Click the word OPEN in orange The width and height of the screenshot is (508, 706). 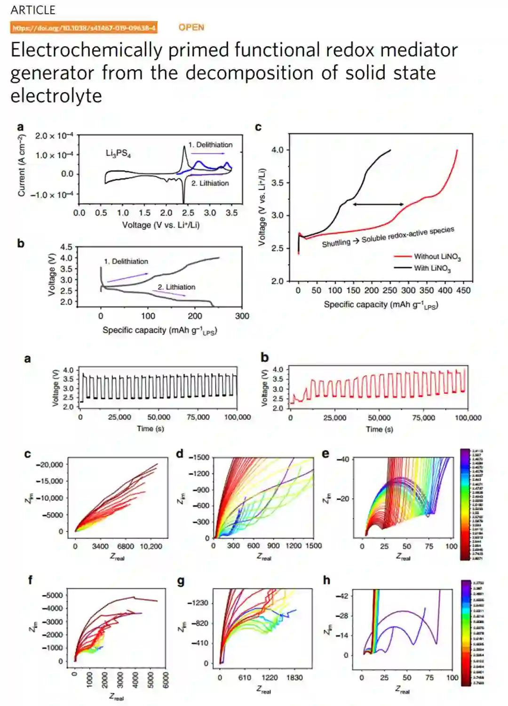point(191,27)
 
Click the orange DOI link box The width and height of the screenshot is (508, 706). point(84,28)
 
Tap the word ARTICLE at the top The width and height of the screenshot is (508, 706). point(33,10)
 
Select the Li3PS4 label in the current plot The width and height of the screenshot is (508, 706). point(118,153)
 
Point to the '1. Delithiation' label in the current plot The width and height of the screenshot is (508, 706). point(210,145)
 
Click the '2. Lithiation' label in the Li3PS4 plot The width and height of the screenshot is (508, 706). point(210,183)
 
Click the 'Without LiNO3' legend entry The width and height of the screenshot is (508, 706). point(437,257)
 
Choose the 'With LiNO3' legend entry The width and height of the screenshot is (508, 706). point(432,268)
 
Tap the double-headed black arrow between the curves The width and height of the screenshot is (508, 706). point(378,204)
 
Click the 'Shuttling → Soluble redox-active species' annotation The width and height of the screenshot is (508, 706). point(388,237)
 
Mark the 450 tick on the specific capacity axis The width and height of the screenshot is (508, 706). point(463,290)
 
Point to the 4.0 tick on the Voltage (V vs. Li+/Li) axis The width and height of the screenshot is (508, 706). point(277,150)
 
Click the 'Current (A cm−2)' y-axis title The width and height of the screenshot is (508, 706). point(21,165)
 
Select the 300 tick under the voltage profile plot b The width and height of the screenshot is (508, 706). point(242,316)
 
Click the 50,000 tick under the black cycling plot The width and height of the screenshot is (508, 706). point(159,417)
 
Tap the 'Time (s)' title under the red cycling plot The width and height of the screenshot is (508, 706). point(379,429)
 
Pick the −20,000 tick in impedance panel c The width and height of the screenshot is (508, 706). point(50,465)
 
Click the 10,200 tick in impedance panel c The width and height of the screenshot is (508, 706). point(151,546)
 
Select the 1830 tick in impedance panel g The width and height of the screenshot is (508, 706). point(294,678)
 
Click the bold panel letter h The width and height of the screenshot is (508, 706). point(326,580)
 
